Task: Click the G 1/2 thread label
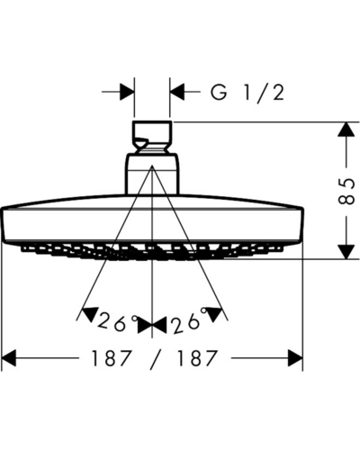pos(247,93)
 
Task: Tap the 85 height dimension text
pos(347,191)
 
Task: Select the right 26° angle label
pos(189,321)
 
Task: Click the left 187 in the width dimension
pos(111,358)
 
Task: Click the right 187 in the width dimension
pos(196,358)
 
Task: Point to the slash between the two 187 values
pos(155,359)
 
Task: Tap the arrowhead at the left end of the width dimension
pos(8,358)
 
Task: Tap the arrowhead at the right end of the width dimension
pos(295,358)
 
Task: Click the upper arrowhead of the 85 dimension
pos(346,130)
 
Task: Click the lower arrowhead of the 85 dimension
pos(346,251)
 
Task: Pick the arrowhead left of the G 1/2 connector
pos(127,91)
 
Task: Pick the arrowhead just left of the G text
pos(177,91)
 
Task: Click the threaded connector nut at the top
pos(152,137)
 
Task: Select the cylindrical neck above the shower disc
pos(152,174)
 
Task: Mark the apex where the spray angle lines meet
pos(152,165)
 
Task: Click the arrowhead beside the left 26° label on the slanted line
pos(90,313)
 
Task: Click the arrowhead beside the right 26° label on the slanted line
pos(215,313)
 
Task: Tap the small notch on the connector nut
pos(140,141)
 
